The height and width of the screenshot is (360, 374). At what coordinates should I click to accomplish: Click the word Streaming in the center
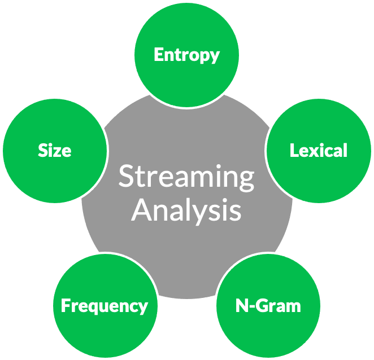(x=186, y=177)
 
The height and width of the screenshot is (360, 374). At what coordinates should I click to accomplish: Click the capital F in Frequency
(x=65, y=306)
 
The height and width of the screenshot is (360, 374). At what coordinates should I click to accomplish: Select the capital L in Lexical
(x=294, y=150)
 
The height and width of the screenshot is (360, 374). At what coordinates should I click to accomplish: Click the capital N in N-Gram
(x=241, y=306)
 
